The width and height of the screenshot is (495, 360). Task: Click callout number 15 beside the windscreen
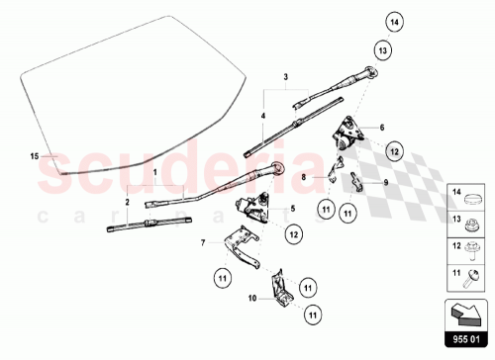point(34,156)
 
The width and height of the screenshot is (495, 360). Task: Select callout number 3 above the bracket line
point(285,76)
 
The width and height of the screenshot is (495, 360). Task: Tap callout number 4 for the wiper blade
point(262,115)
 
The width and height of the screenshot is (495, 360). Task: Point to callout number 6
point(381,129)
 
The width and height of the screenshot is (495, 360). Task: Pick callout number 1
point(154,171)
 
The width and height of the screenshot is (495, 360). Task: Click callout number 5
point(293,209)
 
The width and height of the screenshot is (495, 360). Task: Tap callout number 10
point(252,297)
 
